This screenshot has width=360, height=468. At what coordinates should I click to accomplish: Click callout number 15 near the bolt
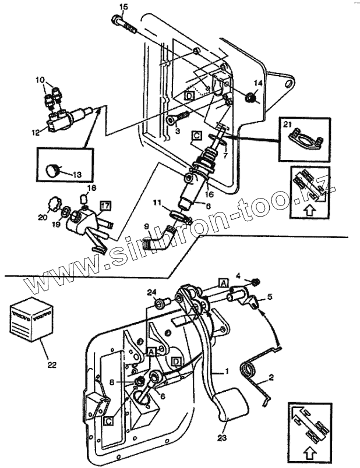[122, 6]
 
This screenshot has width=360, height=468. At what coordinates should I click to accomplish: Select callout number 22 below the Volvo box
[52, 365]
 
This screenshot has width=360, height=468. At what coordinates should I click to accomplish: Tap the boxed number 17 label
[105, 205]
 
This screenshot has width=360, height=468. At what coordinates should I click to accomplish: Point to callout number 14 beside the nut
[259, 83]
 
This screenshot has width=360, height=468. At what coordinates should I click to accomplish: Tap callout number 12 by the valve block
[36, 133]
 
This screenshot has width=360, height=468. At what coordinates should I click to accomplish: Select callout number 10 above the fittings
[40, 79]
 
